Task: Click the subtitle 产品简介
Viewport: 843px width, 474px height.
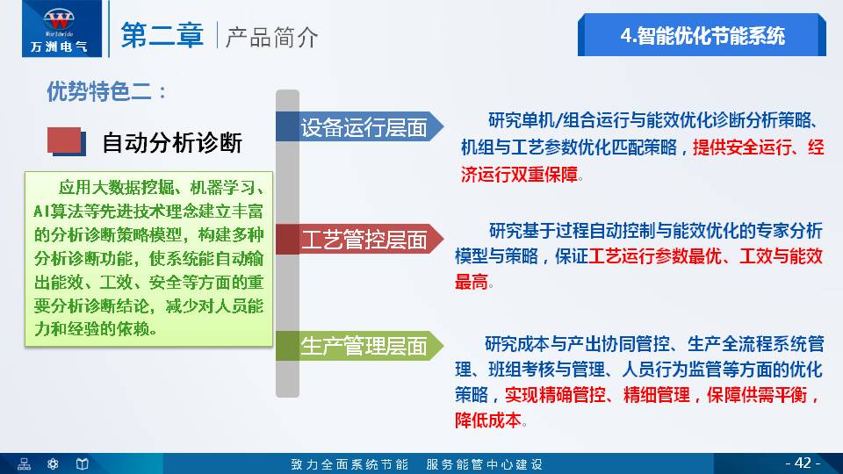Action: click(271, 37)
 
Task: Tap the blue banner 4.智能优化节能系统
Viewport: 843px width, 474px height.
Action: click(702, 36)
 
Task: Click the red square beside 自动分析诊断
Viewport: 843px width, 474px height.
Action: click(64, 140)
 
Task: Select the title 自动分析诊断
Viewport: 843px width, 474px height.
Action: click(172, 142)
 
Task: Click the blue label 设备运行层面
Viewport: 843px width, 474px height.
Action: click(364, 128)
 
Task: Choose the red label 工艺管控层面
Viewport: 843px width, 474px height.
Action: click(364, 239)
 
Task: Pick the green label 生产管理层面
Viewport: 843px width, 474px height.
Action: click(364, 346)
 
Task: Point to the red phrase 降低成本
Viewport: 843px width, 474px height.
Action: click(488, 420)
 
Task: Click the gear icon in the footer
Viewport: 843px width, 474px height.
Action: click(53, 463)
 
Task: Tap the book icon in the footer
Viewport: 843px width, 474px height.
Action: click(82, 463)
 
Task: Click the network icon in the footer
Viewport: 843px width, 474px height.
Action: click(25, 463)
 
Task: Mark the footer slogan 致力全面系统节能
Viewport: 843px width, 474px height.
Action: click(349, 463)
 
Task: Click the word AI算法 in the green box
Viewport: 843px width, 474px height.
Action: click(57, 211)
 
